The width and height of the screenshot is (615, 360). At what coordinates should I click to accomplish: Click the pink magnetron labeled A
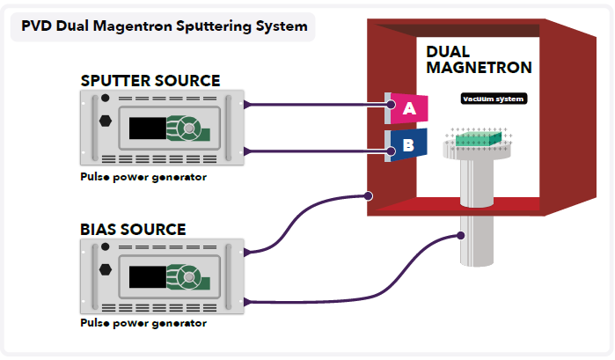[x=407, y=108]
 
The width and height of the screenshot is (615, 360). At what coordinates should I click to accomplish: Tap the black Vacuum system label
[x=494, y=99]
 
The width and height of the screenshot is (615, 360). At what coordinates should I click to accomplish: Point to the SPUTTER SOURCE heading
[x=150, y=81]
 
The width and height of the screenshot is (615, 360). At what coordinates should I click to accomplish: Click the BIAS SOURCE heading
[x=133, y=230]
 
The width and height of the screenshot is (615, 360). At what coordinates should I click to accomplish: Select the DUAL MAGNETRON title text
[x=480, y=60]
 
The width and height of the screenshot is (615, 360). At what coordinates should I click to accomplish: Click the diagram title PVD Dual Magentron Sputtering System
[x=164, y=26]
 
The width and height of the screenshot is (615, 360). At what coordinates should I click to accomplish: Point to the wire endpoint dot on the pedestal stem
[x=462, y=235]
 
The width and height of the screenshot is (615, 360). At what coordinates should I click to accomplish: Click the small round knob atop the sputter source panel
[x=106, y=98]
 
